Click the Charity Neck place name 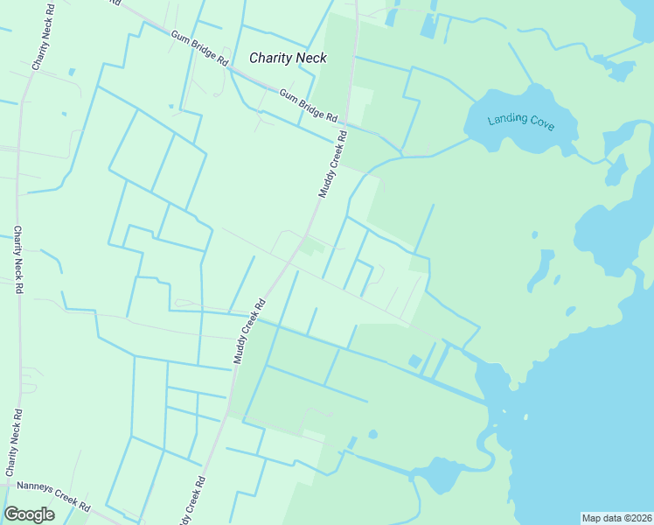pos(288,58)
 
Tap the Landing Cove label pos(521,121)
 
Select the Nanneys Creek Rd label pos(53,495)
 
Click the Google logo pos(29,514)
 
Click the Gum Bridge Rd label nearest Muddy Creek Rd pos(309,105)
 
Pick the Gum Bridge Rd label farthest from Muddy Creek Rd pos(199,49)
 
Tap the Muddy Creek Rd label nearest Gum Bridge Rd pos(332,164)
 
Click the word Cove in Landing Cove pos(539,122)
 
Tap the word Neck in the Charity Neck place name pos(311,58)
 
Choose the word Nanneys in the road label pos(34,489)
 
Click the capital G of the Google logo pos(11,514)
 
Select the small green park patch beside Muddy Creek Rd pos(311,248)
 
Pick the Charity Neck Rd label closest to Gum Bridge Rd pos(40,41)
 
